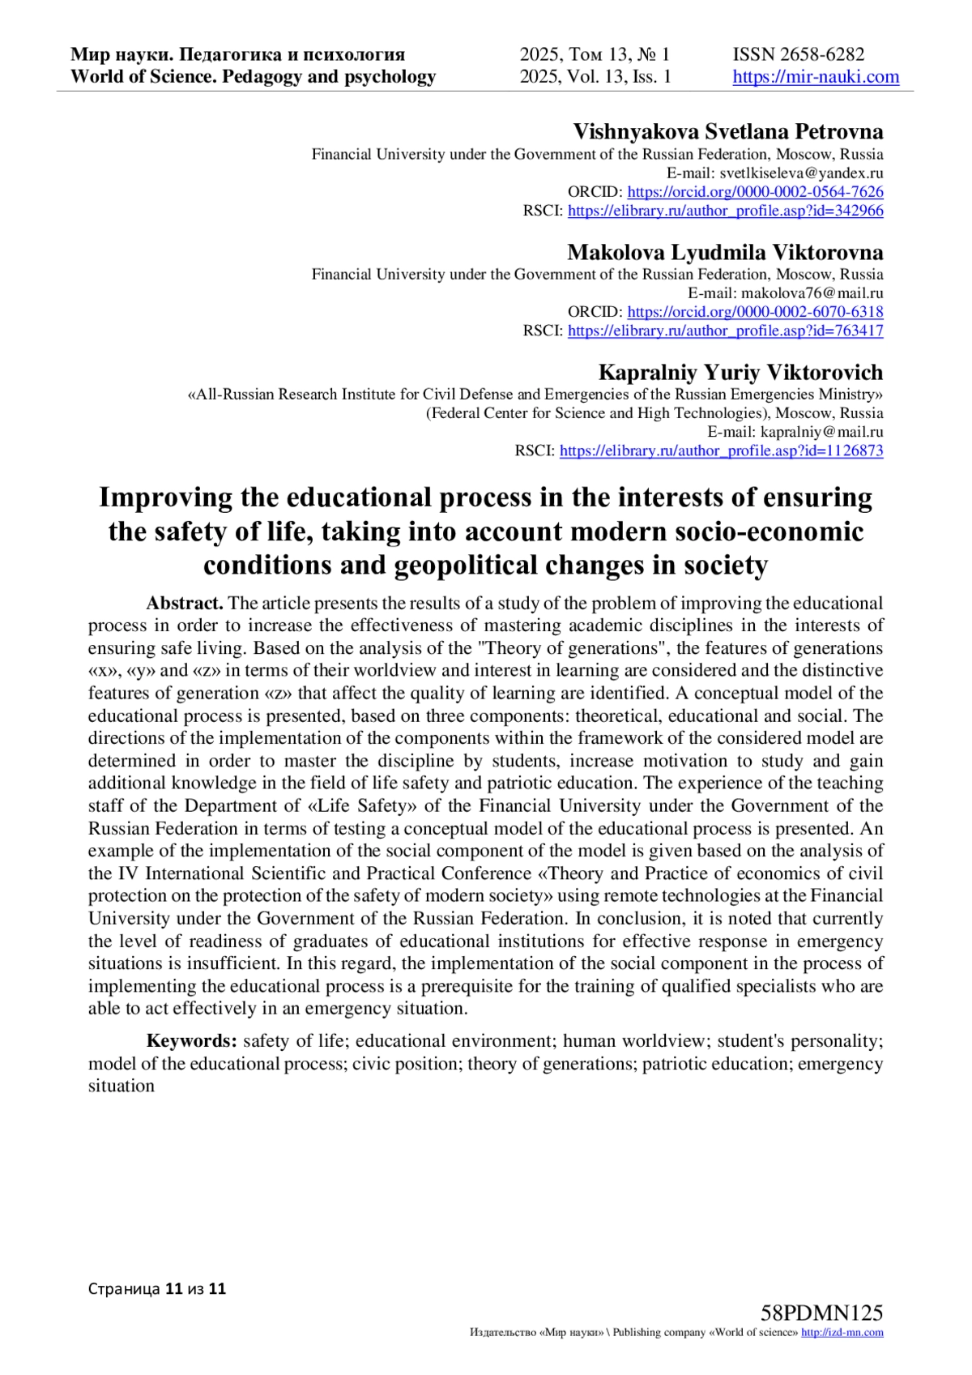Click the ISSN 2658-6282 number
point(799,55)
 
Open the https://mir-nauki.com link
point(816,77)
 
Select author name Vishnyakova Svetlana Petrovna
point(728,132)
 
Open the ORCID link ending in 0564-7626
point(755,192)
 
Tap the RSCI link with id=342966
point(725,211)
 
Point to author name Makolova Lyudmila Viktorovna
point(725,252)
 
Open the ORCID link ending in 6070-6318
point(755,312)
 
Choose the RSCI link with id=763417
point(725,331)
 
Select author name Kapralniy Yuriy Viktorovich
point(740,373)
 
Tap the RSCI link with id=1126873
point(721,451)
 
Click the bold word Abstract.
point(185,604)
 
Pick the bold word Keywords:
point(191,1041)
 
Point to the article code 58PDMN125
point(821,1313)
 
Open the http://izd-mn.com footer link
point(842,1333)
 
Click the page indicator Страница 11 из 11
point(157,1289)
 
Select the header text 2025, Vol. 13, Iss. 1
point(595,77)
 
